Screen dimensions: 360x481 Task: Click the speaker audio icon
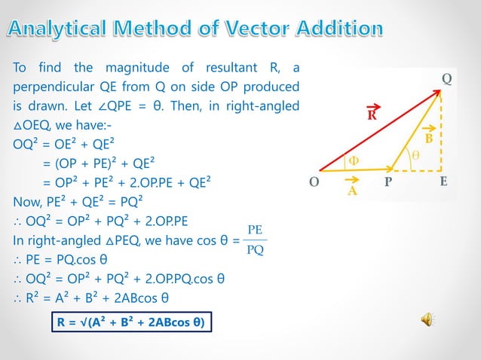click(x=427, y=321)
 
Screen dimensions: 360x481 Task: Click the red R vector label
click(x=372, y=116)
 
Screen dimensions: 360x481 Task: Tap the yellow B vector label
click(x=428, y=139)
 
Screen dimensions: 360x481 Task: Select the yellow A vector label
click(x=351, y=191)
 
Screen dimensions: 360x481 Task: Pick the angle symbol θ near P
click(x=415, y=156)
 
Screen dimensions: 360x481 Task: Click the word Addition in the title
click(x=338, y=29)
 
